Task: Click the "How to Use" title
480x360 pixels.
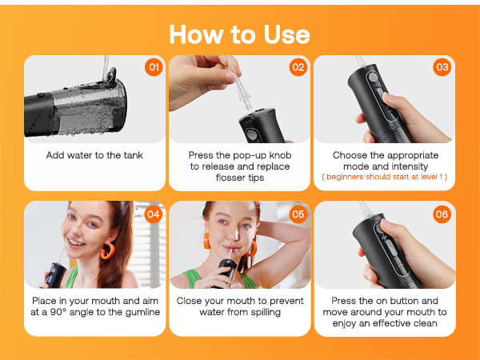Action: coord(239,34)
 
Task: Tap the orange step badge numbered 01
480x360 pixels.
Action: coord(154,67)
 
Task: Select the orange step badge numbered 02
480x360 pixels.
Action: coord(298,67)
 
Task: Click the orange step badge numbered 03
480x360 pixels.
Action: coord(442,67)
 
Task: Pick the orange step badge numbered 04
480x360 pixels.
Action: coord(154,214)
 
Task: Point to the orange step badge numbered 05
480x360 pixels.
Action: coord(298,214)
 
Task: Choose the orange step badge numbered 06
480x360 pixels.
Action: coord(442,214)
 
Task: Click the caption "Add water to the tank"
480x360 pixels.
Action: coord(94,154)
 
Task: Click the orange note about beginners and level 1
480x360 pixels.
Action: coord(384,176)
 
